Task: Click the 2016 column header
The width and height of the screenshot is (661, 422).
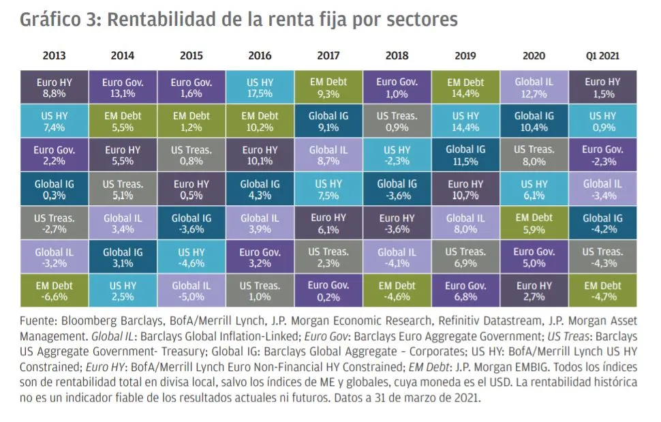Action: [x=260, y=56]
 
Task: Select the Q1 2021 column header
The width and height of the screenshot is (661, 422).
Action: [x=602, y=56]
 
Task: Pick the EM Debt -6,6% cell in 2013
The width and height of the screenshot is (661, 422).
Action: [x=54, y=291]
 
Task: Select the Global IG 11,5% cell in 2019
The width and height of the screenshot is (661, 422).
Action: [x=465, y=155]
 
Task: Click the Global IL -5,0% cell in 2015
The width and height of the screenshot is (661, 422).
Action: [x=191, y=291]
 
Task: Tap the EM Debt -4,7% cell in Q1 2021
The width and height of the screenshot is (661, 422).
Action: [x=602, y=291]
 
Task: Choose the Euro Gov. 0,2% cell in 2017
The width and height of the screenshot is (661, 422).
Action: [x=328, y=291]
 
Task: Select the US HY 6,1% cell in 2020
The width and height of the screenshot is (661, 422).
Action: [x=534, y=190]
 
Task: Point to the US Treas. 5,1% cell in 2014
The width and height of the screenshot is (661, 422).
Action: [x=123, y=190]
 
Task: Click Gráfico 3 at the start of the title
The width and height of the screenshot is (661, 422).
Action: [x=57, y=20]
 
